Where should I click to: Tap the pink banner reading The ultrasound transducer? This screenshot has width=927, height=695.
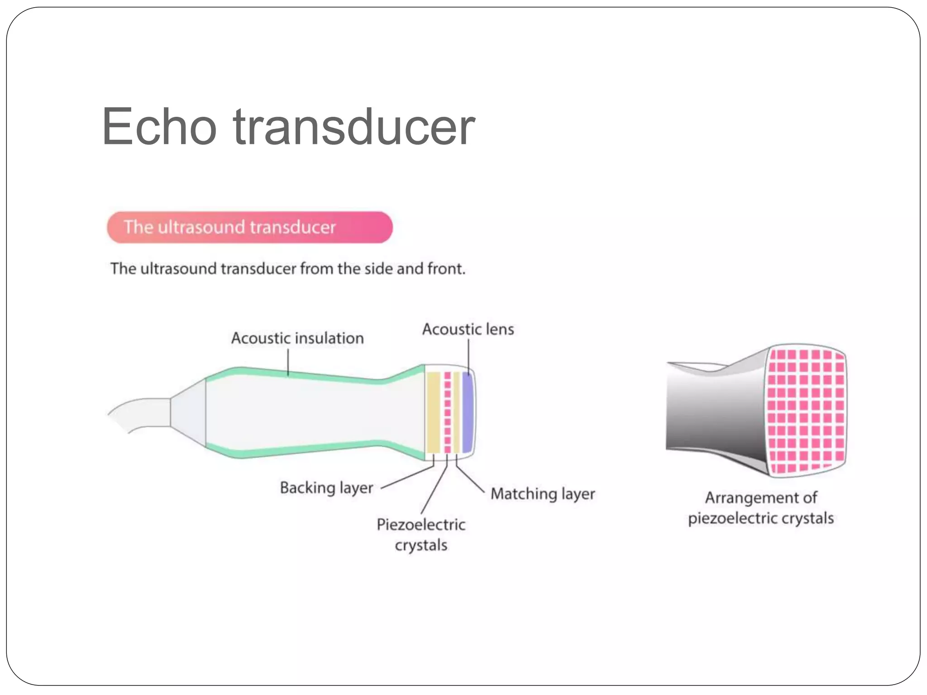[249, 227]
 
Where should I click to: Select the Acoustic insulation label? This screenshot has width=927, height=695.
[297, 338]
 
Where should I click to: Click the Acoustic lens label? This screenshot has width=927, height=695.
[468, 329]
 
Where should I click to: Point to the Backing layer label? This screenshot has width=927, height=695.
[326, 488]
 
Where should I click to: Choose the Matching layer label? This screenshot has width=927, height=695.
[543, 494]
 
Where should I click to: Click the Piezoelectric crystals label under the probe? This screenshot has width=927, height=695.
[421, 535]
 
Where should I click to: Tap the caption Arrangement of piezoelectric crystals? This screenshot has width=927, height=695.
[761, 508]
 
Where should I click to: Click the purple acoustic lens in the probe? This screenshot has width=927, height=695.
[467, 412]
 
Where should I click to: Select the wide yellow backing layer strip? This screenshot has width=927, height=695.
[433, 412]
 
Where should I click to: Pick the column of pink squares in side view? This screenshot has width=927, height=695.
[447, 412]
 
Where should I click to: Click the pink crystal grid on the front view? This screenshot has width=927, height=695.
[806, 411]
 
